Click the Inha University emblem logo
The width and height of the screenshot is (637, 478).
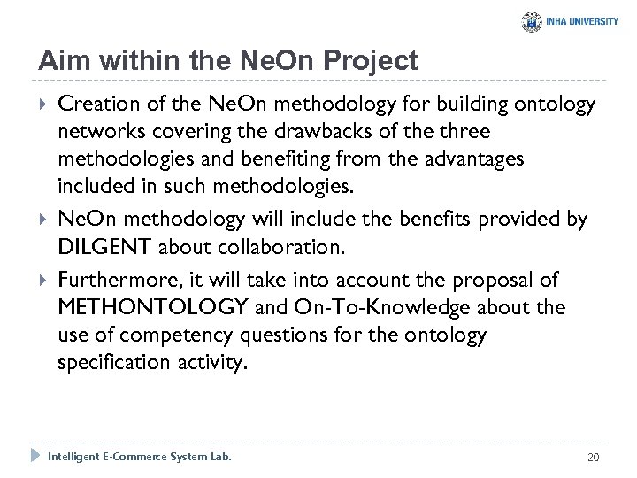[x=533, y=21]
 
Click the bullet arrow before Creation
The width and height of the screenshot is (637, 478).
[x=43, y=105]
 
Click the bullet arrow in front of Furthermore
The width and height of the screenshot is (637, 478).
[x=43, y=281]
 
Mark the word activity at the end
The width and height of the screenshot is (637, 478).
[x=205, y=364]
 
